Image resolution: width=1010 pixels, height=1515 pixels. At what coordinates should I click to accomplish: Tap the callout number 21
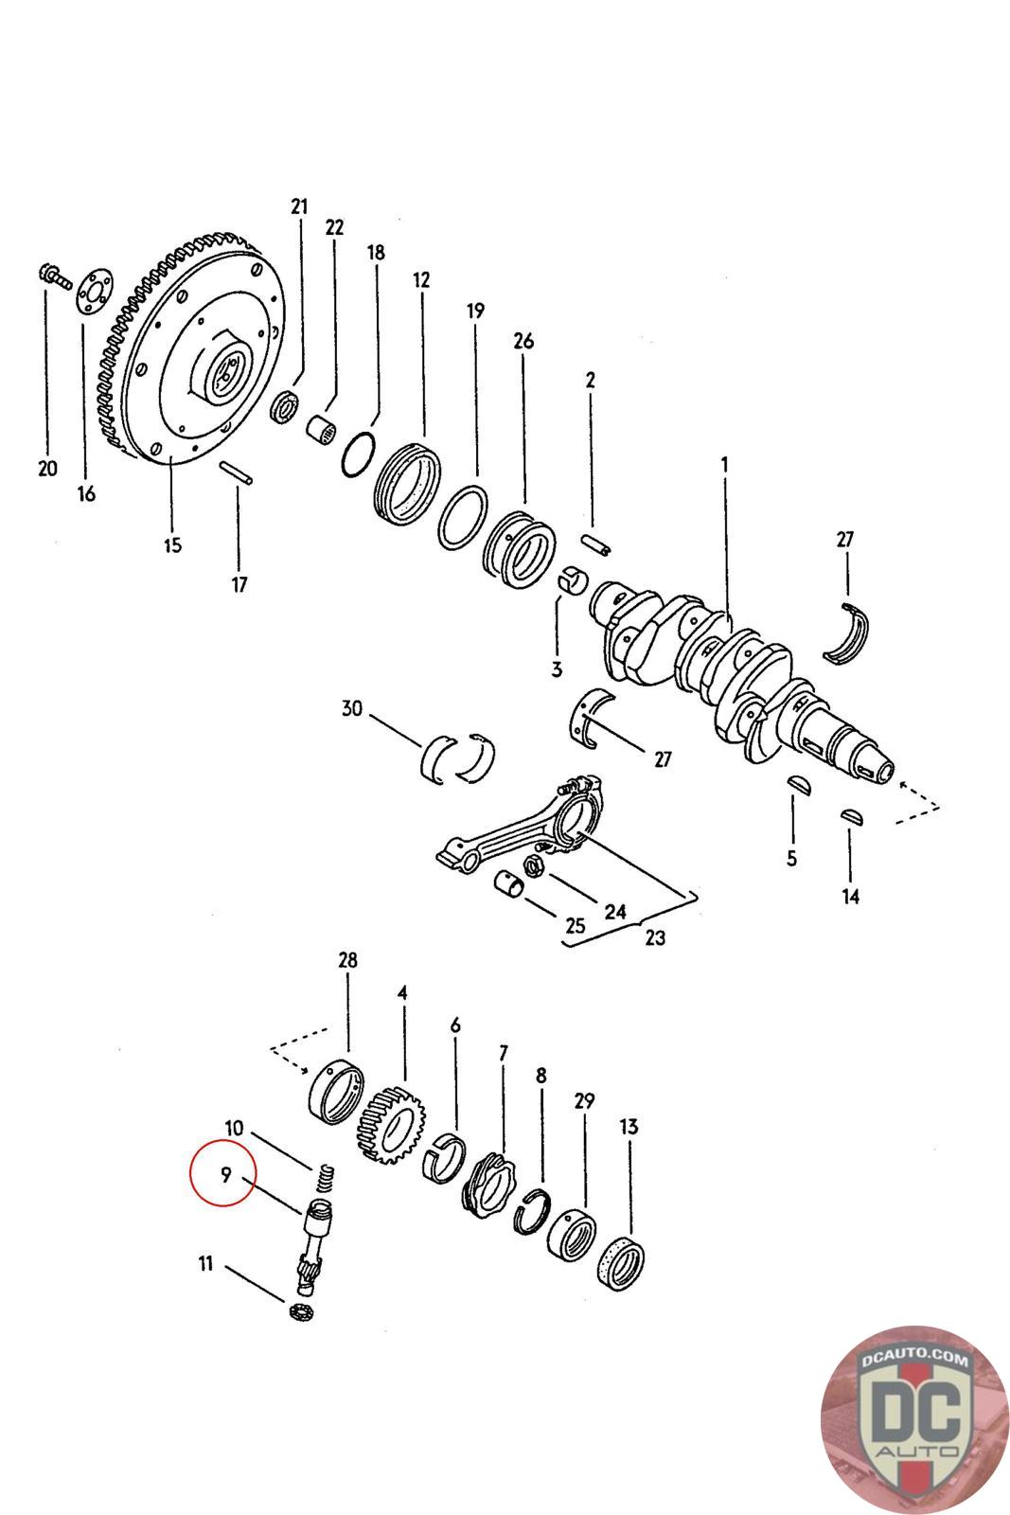[x=299, y=206]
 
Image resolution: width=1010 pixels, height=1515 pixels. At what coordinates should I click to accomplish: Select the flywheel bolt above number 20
[x=54, y=276]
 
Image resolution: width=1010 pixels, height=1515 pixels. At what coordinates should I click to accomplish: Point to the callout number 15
[x=171, y=545]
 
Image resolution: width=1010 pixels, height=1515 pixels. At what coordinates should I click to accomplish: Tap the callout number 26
[x=523, y=341]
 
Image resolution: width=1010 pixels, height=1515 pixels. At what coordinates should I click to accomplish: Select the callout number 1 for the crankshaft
[x=724, y=465]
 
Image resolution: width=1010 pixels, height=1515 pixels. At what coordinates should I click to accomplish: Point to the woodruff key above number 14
[x=851, y=814]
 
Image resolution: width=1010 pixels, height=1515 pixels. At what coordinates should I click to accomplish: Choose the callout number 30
[x=352, y=709]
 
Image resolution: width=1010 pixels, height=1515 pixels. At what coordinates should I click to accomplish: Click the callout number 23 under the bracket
[x=654, y=937]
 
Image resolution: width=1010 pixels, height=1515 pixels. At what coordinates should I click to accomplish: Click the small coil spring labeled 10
[x=325, y=1180]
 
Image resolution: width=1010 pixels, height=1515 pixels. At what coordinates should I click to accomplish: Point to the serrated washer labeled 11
[x=301, y=1310]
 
